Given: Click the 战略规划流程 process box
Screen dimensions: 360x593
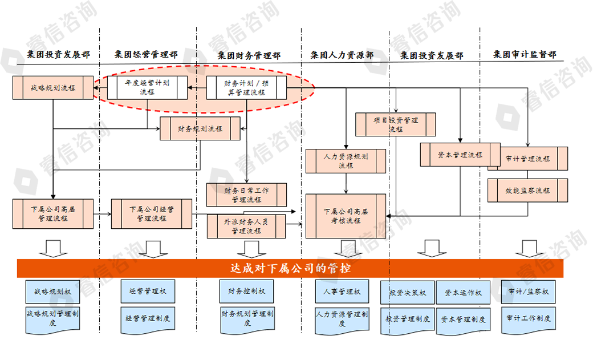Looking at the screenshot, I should pos(53,88).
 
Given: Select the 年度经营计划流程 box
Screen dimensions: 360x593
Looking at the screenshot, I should pos(148,87).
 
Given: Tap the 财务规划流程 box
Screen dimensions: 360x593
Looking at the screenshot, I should pos(200,128).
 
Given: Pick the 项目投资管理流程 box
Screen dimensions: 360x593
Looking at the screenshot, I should pos(396,124).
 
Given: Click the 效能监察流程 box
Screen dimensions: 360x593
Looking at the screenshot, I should pos(528,191).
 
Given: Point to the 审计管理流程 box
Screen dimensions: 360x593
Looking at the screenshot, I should pos(528,159).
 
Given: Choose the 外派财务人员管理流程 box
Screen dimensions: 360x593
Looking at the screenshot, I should pos(246,226).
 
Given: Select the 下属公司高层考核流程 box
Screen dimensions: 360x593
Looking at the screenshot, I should pos(346,216).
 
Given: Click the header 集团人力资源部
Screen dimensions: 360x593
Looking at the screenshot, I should pos(342,55).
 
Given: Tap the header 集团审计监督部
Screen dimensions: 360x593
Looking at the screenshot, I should pos(525,55).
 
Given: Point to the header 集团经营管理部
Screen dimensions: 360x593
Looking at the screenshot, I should pos(146,55).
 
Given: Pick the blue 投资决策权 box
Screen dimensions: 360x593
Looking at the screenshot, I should pos(407,293).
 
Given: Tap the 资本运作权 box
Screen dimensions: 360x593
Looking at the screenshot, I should pos(463,293).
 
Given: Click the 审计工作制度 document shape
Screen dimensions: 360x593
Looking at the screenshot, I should pos(528,317).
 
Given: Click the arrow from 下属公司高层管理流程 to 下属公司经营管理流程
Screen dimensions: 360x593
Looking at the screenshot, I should pos(102,214).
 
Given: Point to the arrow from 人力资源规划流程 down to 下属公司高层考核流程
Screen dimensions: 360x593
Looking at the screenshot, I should pos(346,184).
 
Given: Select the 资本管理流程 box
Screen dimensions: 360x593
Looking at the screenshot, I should pos(460,155).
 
